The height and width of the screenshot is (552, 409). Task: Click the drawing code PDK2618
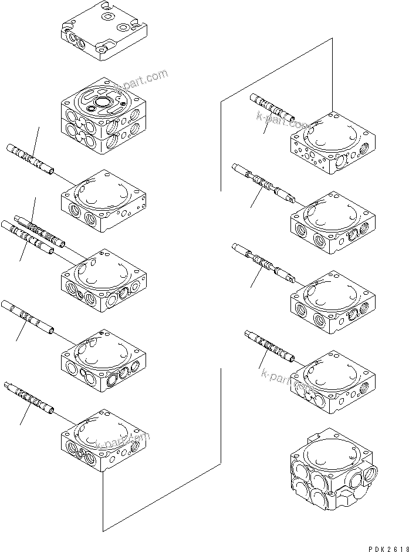point(386,547)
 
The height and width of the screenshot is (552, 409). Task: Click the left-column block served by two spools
point(103,277)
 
